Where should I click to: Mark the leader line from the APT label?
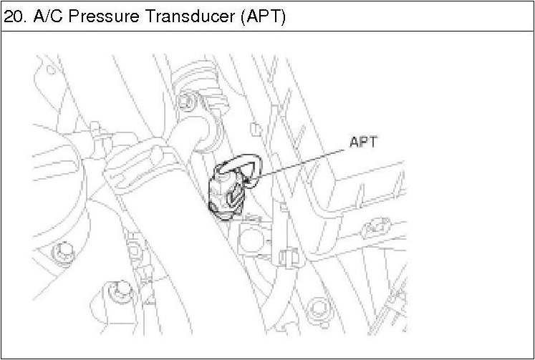pyautogui.click(x=301, y=163)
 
